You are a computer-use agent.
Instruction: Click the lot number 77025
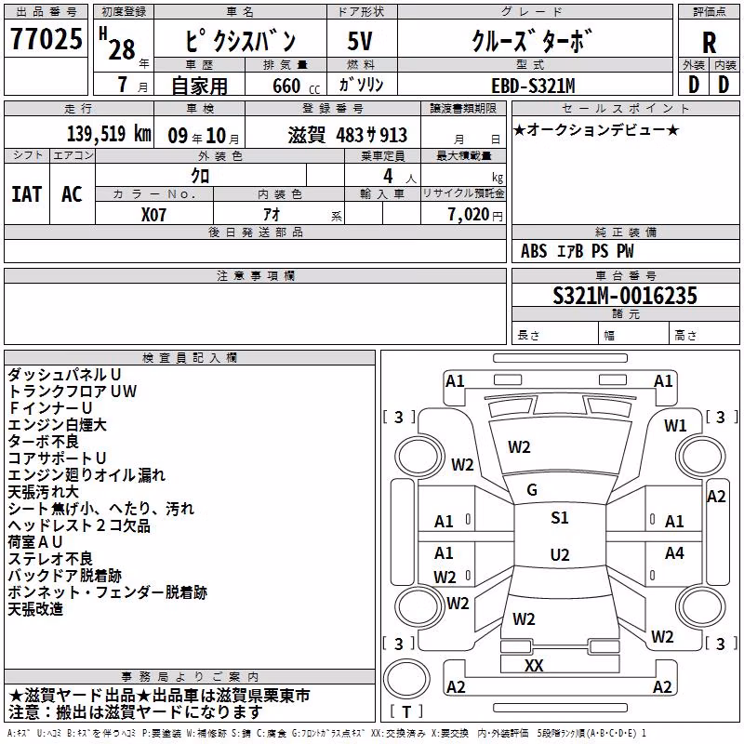46,38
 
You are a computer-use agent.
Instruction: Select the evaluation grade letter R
709,43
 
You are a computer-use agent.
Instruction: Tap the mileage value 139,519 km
109,133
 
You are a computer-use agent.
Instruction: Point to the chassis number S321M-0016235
625,295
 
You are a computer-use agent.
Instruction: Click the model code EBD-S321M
533,86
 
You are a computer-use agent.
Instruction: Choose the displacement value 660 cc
296,86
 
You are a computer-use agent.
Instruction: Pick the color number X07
153,215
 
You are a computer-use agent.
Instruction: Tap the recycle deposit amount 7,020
469,215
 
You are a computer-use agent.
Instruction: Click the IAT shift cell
27,194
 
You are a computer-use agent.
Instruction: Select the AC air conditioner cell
73,194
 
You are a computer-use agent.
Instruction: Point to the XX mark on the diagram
534,665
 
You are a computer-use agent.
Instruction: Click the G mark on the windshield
532,490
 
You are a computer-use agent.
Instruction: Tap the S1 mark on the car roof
560,518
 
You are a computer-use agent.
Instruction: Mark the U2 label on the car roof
560,554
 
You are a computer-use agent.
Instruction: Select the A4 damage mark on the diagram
674,552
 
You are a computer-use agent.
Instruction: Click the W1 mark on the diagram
675,426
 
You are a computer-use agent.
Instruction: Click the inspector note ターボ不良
43,441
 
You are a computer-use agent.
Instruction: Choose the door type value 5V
360,41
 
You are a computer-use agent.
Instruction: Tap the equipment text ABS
534,251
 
